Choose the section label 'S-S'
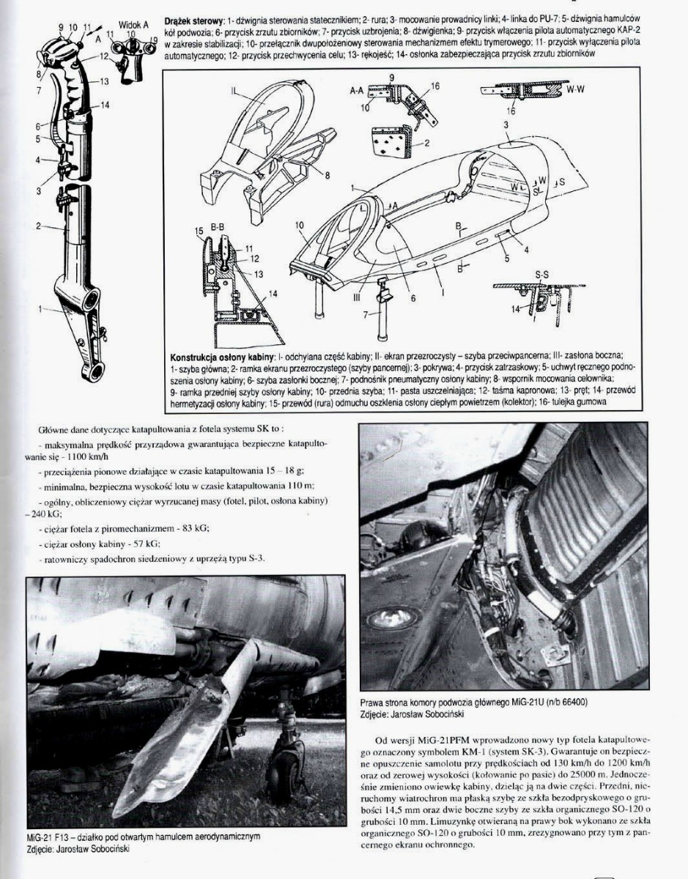[541, 274]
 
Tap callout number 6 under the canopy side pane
[413, 298]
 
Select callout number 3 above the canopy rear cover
[506, 126]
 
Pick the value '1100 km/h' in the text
[64, 456]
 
